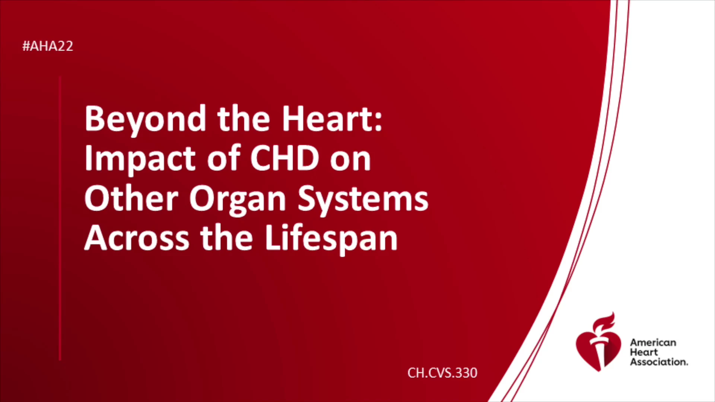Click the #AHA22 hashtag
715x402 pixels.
click(x=48, y=46)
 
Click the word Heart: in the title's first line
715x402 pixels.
click(x=332, y=118)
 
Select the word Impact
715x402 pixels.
click(x=140, y=159)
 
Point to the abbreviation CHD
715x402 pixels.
click(x=285, y=158)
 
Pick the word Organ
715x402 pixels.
click(x=238, y=200)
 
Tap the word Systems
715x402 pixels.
click(x=363, y=200)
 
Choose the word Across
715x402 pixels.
click(x=137, y=238)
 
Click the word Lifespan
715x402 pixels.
click(x=331, y=239)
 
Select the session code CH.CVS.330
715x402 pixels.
click(x=442, y=373)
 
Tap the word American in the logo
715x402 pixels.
click(x=653, y=342)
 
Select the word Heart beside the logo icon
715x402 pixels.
click(x=644, y=352)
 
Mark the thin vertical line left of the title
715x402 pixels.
click(x=60, y=218)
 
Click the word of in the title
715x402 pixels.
click(x=224, y=158)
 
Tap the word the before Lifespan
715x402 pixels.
click(x=226, y=237)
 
